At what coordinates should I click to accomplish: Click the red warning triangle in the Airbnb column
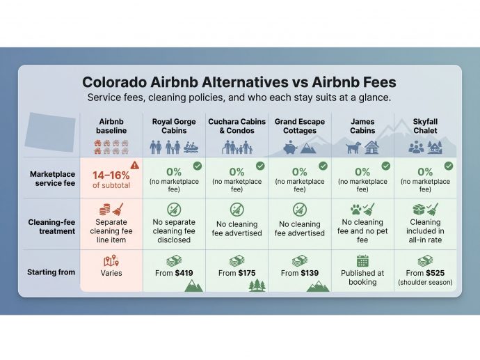135,166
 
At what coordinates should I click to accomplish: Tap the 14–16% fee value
111,175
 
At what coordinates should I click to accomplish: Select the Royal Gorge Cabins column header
174,126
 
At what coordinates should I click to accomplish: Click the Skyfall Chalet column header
425,126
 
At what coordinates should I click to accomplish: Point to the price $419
184,273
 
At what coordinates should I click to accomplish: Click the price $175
246,273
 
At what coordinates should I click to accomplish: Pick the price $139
309,273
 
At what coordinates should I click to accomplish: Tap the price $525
435,273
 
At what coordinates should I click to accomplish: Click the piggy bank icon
290,148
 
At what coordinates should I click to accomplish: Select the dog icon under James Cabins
353,148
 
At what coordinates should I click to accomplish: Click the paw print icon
355,210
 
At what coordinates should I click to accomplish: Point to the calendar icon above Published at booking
362,260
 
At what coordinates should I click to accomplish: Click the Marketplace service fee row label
52,179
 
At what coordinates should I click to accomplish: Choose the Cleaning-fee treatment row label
51,226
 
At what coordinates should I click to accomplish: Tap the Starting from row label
51,272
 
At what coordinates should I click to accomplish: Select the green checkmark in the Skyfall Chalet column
449,166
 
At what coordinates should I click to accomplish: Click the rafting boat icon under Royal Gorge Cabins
191,148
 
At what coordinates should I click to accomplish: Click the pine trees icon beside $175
257,285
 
